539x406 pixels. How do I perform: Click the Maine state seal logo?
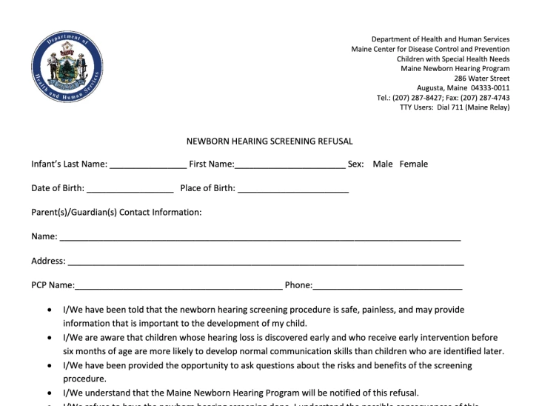tap(62, 71)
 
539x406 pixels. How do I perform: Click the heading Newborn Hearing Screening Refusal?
tap(269, 141)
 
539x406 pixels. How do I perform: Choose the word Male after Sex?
tap(383, 164)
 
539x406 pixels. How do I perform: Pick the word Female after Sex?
tap(414, 164)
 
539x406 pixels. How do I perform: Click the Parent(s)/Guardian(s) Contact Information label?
tap(116, 212)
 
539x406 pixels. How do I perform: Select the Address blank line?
tap(266, 262)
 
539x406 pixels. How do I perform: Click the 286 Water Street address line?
tap(482, 78)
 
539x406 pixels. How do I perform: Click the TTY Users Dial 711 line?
tap(455, 107)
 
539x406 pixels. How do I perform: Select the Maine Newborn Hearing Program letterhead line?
tap(455, 68)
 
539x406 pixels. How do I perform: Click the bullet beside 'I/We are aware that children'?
tap(50, 338)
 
